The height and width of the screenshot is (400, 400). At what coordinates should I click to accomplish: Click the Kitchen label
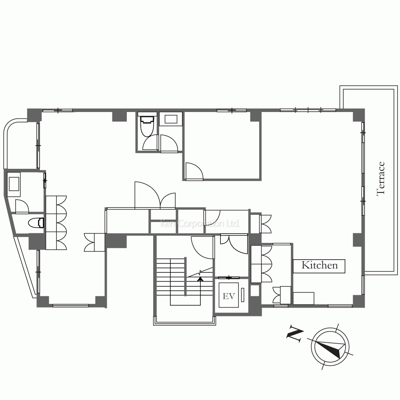[319, 265]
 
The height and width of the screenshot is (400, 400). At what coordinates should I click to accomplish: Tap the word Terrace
[381, 178]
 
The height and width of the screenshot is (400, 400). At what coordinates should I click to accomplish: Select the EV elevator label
[228, 296]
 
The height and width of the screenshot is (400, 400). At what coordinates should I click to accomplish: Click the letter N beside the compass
[295, 334]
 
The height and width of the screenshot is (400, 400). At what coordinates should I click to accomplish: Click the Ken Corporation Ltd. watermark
[200, 224]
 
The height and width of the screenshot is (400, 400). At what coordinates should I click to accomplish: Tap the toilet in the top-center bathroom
[147, 126]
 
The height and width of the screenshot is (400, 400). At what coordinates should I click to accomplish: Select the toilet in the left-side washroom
[36, 223]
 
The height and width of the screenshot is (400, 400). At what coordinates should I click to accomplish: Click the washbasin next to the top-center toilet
[171, 119]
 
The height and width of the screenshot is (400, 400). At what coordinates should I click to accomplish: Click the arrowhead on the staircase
[200, 279]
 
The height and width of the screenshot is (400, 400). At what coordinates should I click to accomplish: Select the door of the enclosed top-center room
[194, 172]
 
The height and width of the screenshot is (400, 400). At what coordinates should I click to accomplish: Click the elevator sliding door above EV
[229, 277]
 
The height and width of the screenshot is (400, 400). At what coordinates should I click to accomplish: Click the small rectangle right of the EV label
[243, 295]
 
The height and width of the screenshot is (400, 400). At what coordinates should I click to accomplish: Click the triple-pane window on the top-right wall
[308, 110]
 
